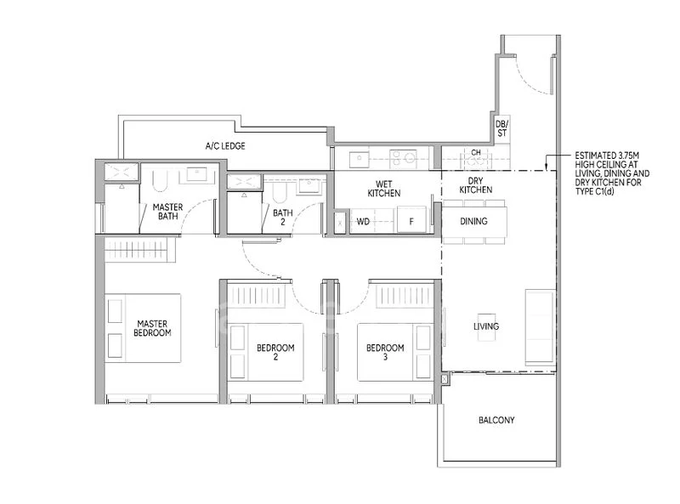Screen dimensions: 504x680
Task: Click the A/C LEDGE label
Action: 225,146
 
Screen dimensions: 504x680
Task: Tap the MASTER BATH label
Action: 167,211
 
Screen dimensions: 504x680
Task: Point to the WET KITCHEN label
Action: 383,189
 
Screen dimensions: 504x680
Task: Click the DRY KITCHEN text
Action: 475,185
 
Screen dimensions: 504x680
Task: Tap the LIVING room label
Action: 486,326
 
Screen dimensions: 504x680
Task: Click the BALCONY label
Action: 496,420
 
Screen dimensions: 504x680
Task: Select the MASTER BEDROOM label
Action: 153,328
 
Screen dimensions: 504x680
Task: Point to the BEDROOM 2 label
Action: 275,353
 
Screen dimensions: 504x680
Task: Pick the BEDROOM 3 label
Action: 385,353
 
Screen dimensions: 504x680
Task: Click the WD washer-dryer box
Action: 362,222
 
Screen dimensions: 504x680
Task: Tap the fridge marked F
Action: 411,222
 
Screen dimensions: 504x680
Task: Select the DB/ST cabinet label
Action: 501,127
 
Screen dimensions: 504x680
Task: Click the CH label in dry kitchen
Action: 476,154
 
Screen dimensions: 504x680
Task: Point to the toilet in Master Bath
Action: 161,180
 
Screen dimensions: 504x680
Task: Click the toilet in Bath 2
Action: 279,194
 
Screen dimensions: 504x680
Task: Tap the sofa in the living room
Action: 539,325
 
